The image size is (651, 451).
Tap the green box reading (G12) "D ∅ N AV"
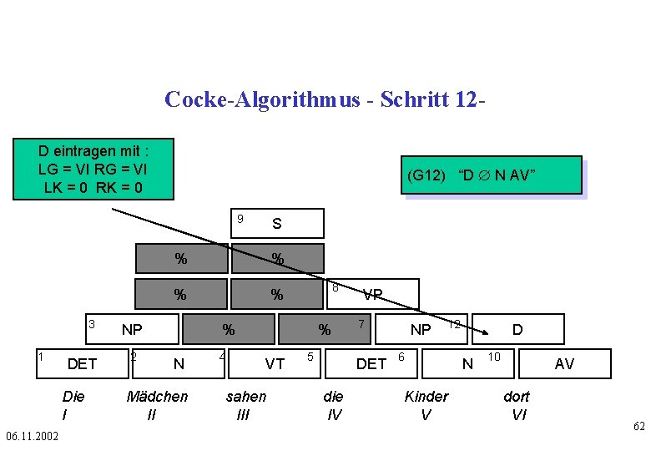[492, 176]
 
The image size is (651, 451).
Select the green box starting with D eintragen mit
[93, 169]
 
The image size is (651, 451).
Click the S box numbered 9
[276, 224]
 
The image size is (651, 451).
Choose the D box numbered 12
[517, 329]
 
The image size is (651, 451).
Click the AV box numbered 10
[564, 363]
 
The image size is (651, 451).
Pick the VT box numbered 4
[275, 363]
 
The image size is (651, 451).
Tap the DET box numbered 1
[82, 363]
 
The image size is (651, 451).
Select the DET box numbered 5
[371, 363]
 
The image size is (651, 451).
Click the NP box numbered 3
[132, 329]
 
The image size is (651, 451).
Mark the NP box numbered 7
[421, 329]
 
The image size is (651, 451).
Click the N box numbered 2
[178, 363]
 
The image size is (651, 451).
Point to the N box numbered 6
[467, 363]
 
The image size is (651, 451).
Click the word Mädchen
[157, 396]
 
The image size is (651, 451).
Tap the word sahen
[246, 396]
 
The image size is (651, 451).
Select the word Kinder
[426, 396]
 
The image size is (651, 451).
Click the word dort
[517, 396]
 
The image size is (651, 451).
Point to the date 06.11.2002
[32, 436]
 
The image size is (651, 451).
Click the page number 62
[638, 427]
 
